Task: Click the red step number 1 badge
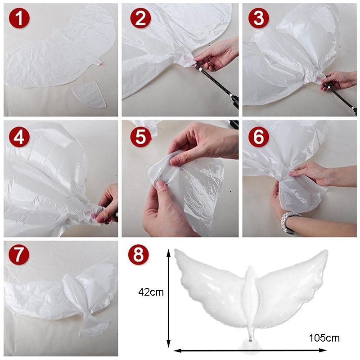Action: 19,18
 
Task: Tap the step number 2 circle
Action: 140,18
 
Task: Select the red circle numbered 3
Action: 258,18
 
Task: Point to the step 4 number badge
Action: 19,137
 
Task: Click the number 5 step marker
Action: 140,137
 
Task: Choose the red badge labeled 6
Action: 258,137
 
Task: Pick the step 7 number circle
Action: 19,254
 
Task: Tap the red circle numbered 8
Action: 139,255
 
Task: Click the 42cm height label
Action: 151,292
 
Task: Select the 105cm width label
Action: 324,338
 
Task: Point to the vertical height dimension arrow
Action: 169,298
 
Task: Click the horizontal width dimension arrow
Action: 250,350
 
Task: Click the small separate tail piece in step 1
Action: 89,94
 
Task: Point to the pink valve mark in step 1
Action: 99,63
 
